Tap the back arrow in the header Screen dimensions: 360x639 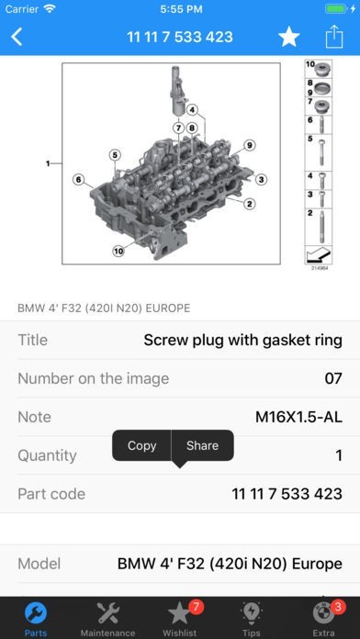17,37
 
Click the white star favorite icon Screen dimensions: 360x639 289,37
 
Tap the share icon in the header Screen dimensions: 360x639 334,37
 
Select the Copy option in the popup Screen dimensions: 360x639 141,445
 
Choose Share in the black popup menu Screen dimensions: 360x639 202,445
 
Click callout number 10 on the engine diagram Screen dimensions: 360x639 118,251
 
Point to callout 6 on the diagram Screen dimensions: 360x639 79,179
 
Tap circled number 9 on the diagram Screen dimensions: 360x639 250,145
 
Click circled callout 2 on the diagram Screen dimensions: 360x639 249,203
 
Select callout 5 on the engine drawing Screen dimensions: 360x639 115,155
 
